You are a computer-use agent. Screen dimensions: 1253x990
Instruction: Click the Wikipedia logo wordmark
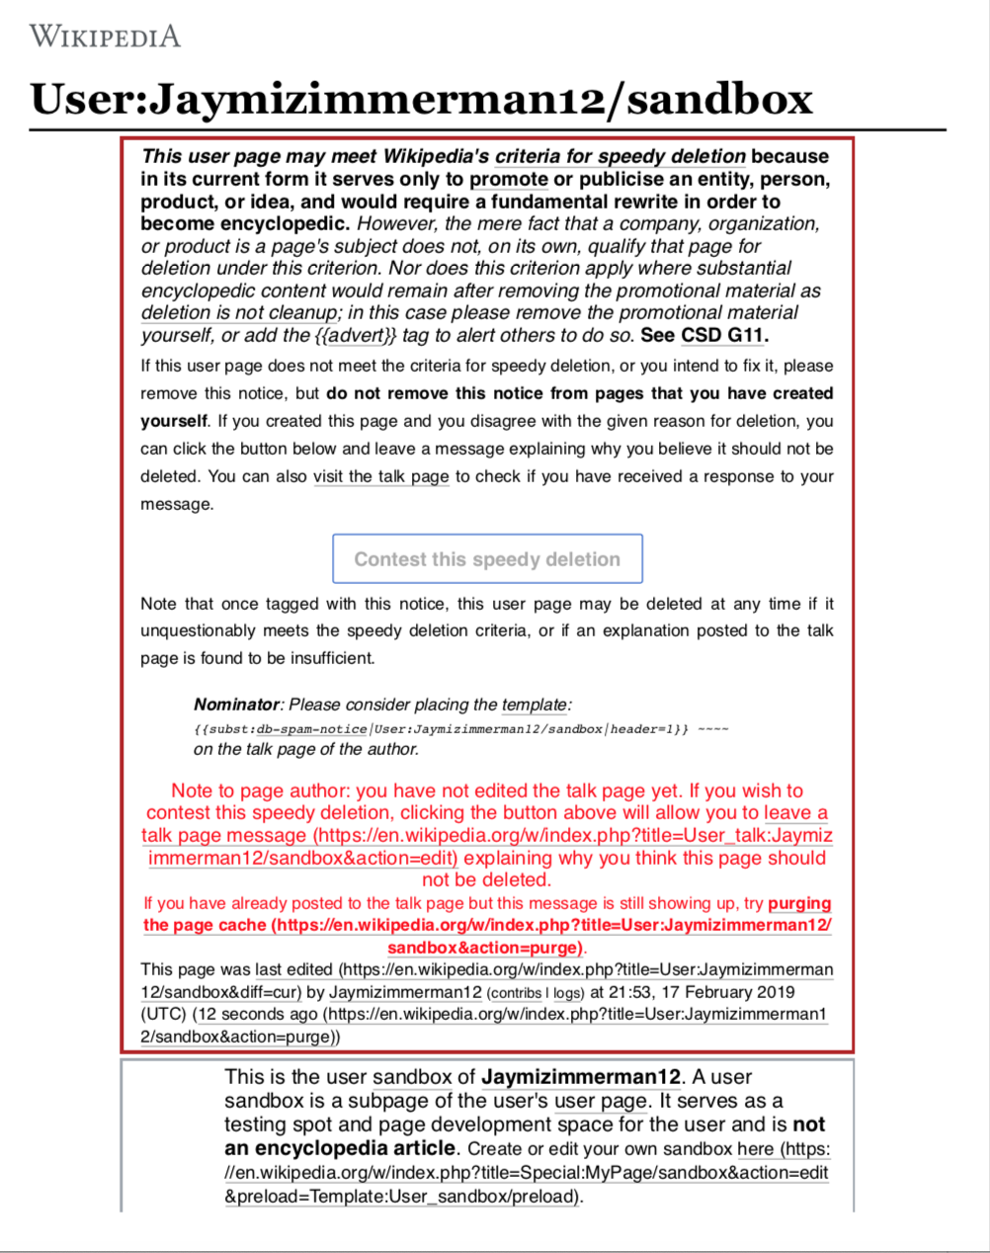click(105, 37)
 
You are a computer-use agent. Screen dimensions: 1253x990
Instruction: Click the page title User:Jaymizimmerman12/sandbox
click(421, 99)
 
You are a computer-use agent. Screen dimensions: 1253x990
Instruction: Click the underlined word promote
click(508, 179)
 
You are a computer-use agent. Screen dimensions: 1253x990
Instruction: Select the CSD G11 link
click(723, 335)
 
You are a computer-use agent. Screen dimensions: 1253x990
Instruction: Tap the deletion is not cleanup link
click(239, 312)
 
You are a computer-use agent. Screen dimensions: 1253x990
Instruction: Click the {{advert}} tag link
click(356, 335)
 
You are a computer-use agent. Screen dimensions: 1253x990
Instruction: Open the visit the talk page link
click(380, 476)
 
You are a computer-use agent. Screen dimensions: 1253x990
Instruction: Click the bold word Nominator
click(236, 705)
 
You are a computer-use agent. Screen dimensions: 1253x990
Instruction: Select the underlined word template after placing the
click(535, 705)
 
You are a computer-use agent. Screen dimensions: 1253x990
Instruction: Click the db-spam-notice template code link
click(311, 729)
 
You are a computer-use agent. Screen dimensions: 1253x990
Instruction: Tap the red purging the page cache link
click(487, 926)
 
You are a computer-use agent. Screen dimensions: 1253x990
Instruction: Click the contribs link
click(515, 993)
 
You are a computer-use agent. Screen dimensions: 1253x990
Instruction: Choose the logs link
click(567, 993)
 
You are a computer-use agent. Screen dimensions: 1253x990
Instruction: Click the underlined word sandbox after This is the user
click(412, 1077)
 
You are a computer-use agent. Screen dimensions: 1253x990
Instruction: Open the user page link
click(600, 1101)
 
